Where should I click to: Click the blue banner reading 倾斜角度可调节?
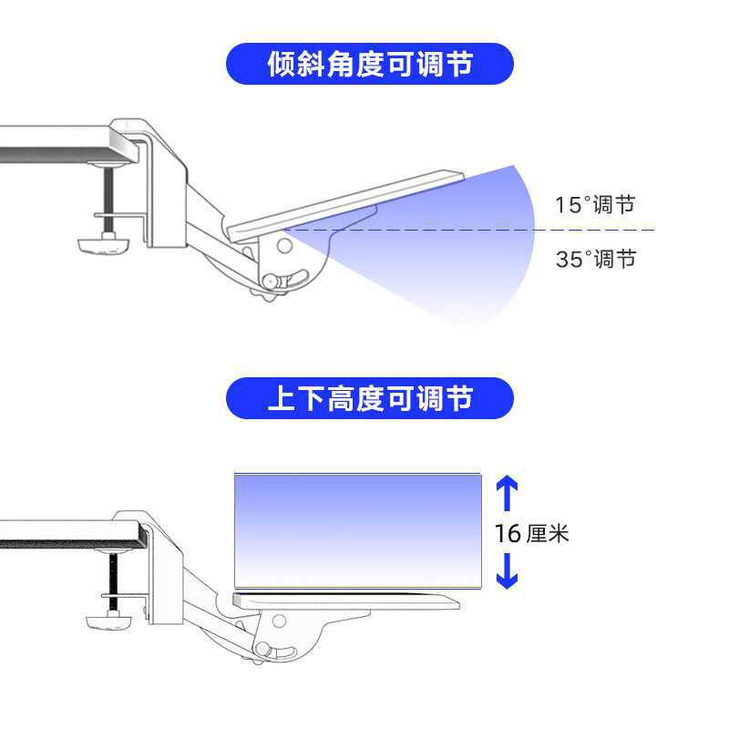pyautogui.click(x=369, y=64)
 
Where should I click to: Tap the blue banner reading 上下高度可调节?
pyautogui.click(x=369, y=398)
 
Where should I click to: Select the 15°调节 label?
pyautogui.click(x=594, y=204)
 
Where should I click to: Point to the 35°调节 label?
pyautogui.click(x=594, y=259)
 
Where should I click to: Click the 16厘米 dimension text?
pyautogui.click(x=532, y=533)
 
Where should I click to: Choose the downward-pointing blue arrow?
pyautogui.click(x=508, y=570)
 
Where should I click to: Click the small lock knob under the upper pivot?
pyautogui.click(x=271, y=282)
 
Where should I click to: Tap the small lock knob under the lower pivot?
pyautogui.click(x=263, y=649)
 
